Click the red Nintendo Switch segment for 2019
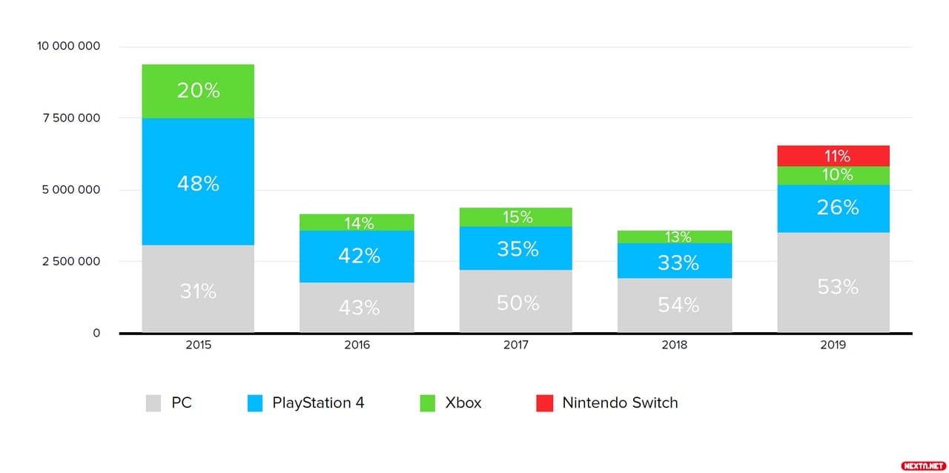click(833, 156)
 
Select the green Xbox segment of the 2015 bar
click(198, 91)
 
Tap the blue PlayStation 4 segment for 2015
click(198, 182)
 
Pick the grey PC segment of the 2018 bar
click(675, 305)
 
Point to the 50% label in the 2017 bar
click(517, 302)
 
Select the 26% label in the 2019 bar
click(838, 208)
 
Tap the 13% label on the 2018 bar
click(678, 237)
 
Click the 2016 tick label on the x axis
click(357, 345)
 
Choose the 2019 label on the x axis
click(833, 345)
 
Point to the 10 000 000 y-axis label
click(68, 47)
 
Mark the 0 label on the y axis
click(96, 334)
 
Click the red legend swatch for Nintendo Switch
click(544, 403)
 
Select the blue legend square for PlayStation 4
click(254, 403)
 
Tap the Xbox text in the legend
click(463, 403)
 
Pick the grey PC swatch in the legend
click(153, 403)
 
